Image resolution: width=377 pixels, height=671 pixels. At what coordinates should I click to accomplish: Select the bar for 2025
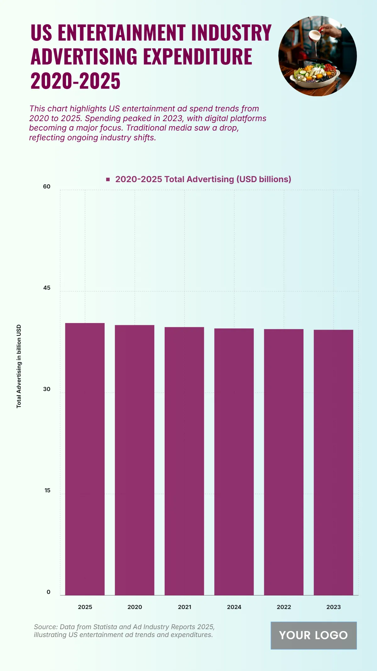click(x=85, y=459)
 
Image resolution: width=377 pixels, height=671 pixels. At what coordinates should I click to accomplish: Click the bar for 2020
click(x=134, y=460)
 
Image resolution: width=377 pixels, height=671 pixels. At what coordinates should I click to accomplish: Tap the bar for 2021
click(x=184, y=461)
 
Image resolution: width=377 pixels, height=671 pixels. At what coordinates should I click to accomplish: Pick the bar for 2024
click(x=234, y=462)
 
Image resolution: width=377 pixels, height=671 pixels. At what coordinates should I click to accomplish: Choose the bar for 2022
click(x=284, y=462)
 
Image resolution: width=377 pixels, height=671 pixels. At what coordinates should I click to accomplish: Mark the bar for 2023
click(x=333, y=462)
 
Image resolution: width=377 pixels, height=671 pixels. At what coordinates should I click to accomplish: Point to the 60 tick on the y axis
click(x=47, y=187)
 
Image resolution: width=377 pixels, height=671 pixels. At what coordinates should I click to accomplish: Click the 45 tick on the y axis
click(x=47, y=288)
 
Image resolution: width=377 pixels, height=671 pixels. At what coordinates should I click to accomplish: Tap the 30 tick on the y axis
click(x=47, y=389)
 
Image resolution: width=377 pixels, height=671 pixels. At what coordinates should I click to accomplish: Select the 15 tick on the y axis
click(x=47, y=490)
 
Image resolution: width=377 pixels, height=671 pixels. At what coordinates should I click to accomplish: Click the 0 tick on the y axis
click(x=48, y=592)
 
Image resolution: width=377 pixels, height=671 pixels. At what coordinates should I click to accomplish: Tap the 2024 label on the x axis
click(x=234, y=607)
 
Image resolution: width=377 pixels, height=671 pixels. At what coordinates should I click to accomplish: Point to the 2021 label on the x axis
click(x=184, y=607)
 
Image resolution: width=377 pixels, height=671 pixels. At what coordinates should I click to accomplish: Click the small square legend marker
click(x=108, y=179)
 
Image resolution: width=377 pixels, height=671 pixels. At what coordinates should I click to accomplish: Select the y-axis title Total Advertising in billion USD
click(x=19, y=366)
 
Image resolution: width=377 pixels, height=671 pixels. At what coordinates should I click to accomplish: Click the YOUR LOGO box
click(x=314, y=635)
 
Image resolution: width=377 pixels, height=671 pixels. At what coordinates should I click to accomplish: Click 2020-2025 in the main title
click(x=75, y=81)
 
